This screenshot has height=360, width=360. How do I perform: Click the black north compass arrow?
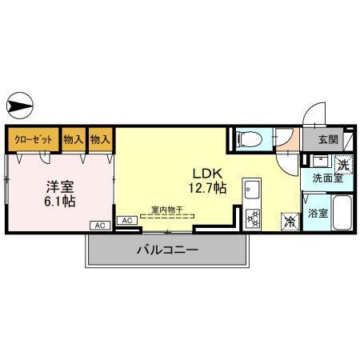tap(19, 104)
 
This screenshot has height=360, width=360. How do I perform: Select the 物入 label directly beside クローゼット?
tap(73, 139)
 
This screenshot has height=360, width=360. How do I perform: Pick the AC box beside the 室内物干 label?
tap(126, 220)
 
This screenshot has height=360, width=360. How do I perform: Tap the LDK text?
tap(202, 172)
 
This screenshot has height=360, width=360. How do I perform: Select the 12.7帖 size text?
tap(206, 188)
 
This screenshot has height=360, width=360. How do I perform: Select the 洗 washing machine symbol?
tap(342, 166)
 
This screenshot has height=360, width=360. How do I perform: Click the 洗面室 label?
tap(326, 179)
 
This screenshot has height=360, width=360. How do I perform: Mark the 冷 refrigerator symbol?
tap(287, 223)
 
